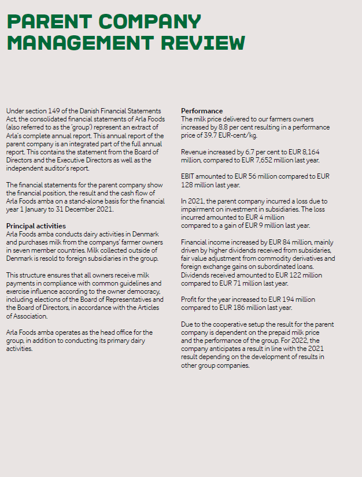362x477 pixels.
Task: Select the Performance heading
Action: (202, 110)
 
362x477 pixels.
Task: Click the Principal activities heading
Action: (36, 225)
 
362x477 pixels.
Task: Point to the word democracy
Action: (131, 291)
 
